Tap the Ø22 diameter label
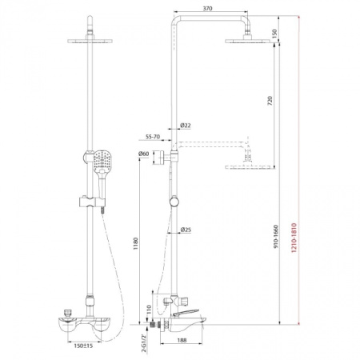pos(186,126)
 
